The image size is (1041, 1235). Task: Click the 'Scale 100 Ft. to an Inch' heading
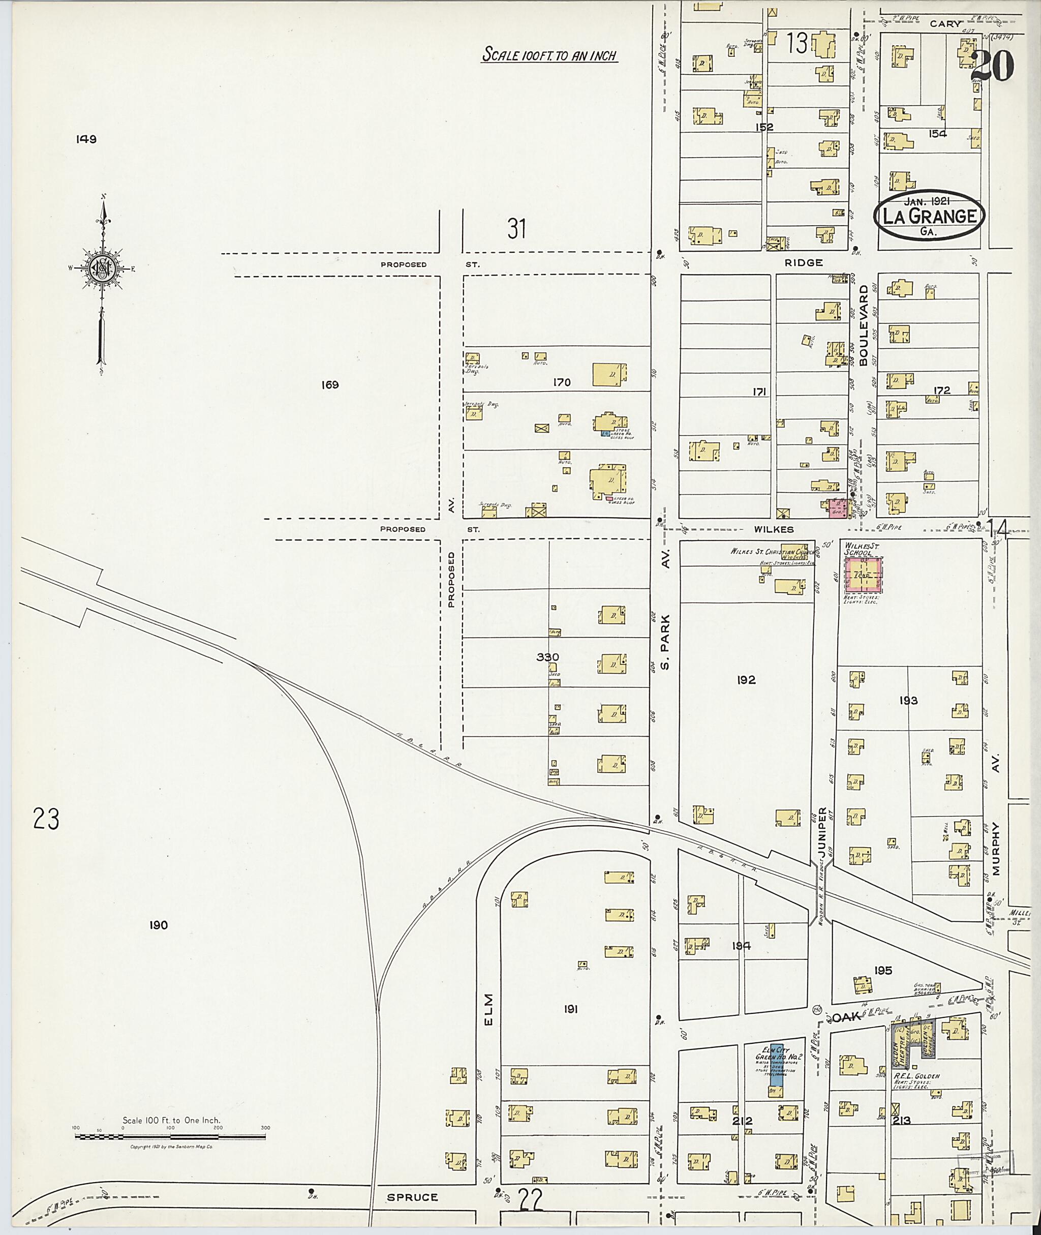tap(549, 55)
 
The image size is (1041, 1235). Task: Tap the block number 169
tap(330, 385)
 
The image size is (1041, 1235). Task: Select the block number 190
tap(158, 925)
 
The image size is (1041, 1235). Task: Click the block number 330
tap(547, 657)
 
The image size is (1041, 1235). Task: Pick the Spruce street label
tap(413, 1197)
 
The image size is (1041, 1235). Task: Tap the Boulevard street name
tap(864, 326)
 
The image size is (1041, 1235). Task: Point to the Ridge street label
tap(803, 263)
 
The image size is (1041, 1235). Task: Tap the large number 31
tap(516, 229)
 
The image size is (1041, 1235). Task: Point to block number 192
tap(746, 680)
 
